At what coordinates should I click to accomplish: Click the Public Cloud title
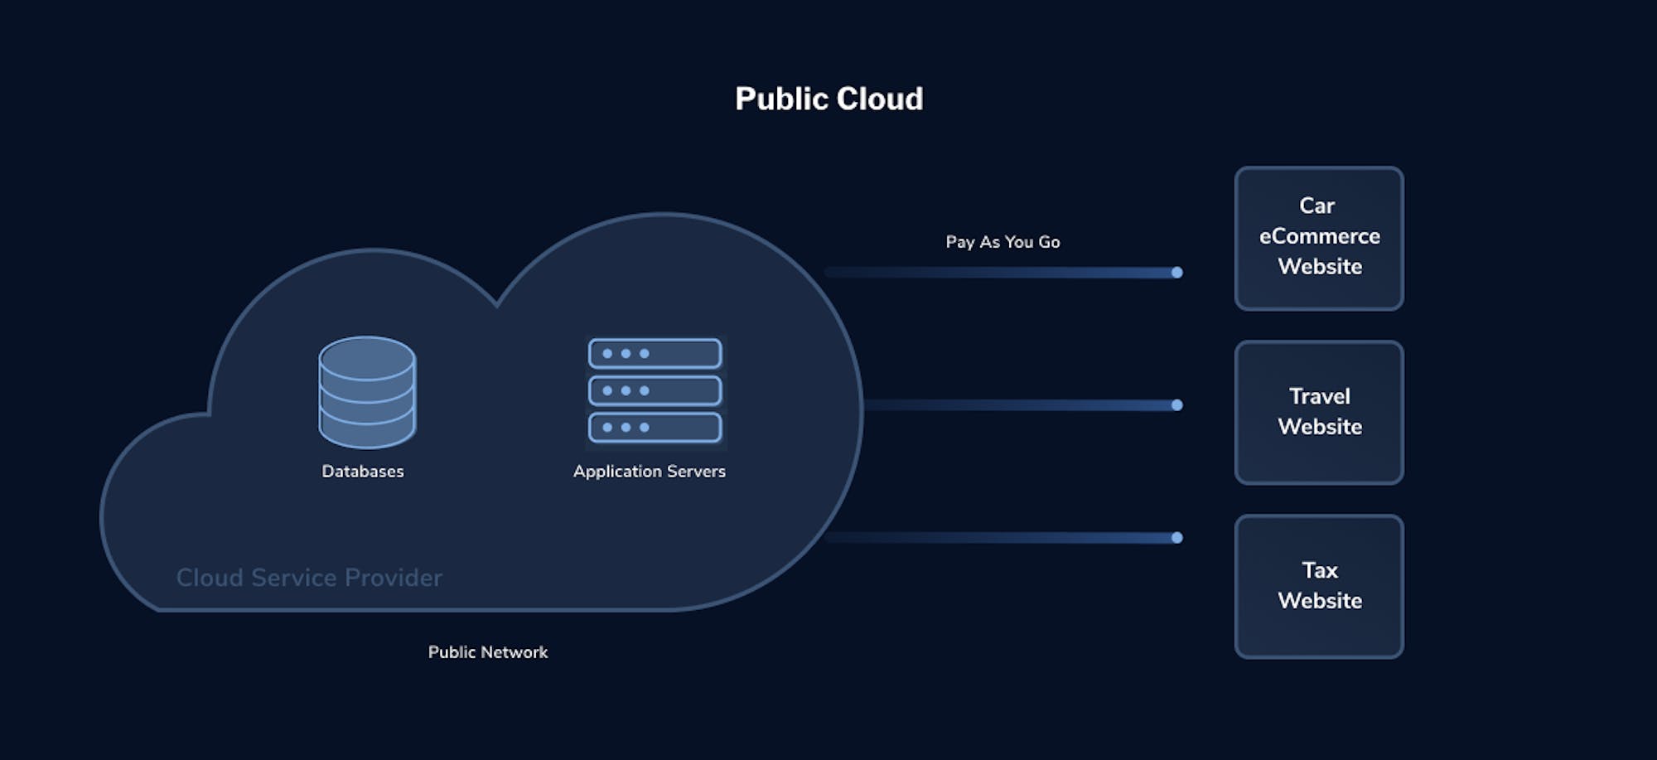pyautogui.click(x=828, y=99)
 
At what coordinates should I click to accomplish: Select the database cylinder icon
pyautogui.click(x=367, y=392)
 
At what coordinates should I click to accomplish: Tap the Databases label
pyautogui.click(x=363, y=471)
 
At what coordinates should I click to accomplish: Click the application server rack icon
pyautogui.click(x=655, y=390)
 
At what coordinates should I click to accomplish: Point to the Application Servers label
pyautogui.click(x=649, y=471)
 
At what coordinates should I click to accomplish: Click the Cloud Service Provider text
pyautogui.click(x=309, y=577)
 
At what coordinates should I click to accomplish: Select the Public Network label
pyautogui.click(x=487, y=652)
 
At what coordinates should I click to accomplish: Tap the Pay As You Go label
pyautogui.click(x=1002, y=242)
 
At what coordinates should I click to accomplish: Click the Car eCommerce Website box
pyautogui.click(x=1319, y=239)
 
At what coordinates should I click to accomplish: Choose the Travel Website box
pyautogui.click(x=1319, y=412)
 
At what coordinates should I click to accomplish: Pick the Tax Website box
pyautogui.click(x=1319, y=586)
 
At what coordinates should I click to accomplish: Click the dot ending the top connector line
pyautogui.click(x=1176, y=273)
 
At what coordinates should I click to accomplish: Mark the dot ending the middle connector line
pyautogui.click(x=1176, y=405)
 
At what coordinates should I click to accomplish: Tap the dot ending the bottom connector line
pyautogui.click(x=1176, y=538)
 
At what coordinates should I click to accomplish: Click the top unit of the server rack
pyautogui.click(x=655, y=354)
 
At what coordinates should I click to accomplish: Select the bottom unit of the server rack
pyautogui.click(x=655, y=428)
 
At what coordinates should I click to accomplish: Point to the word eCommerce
pyautogui.click(x=1319, y=236)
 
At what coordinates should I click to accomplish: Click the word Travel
pyautogui.click(x=1319, y=396)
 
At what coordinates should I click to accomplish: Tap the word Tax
pyautogui.click(x=1319, y=570)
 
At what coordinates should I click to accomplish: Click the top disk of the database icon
pyautogui.click(x=367, y=354)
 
